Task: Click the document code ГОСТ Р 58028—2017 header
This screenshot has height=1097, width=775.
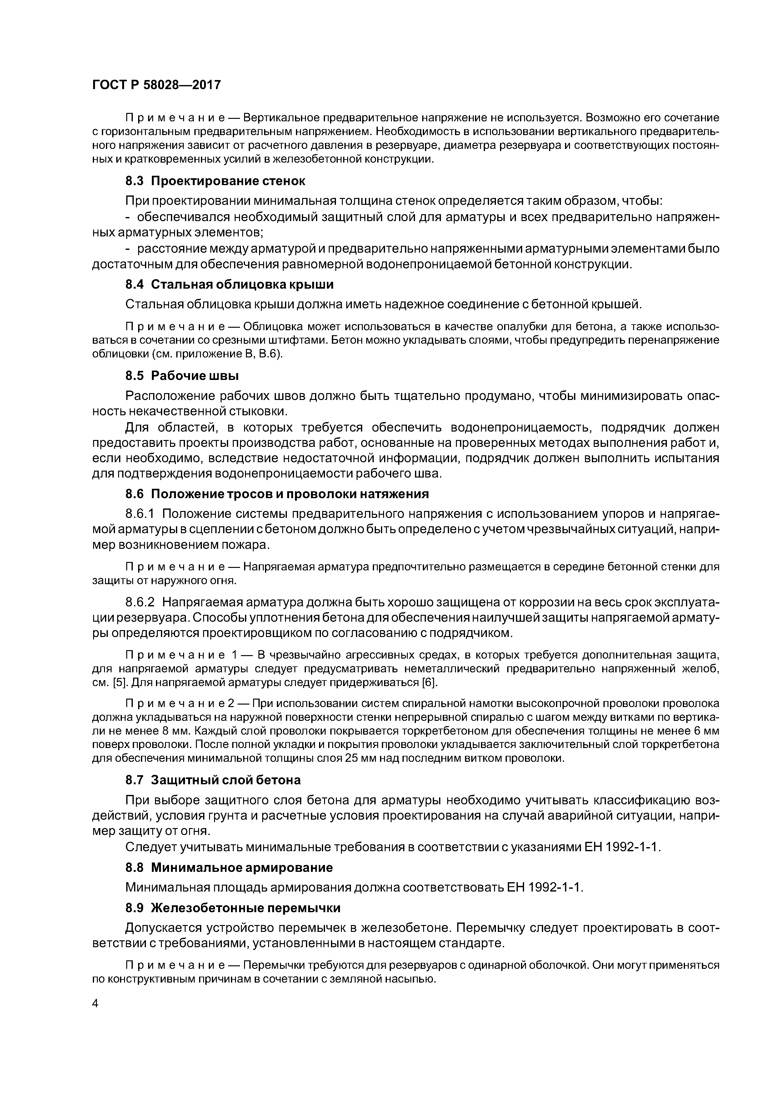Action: click(156, 85)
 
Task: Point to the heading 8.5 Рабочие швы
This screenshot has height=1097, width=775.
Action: click(182, 376)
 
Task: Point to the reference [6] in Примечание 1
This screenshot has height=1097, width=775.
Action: click(429, 682)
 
